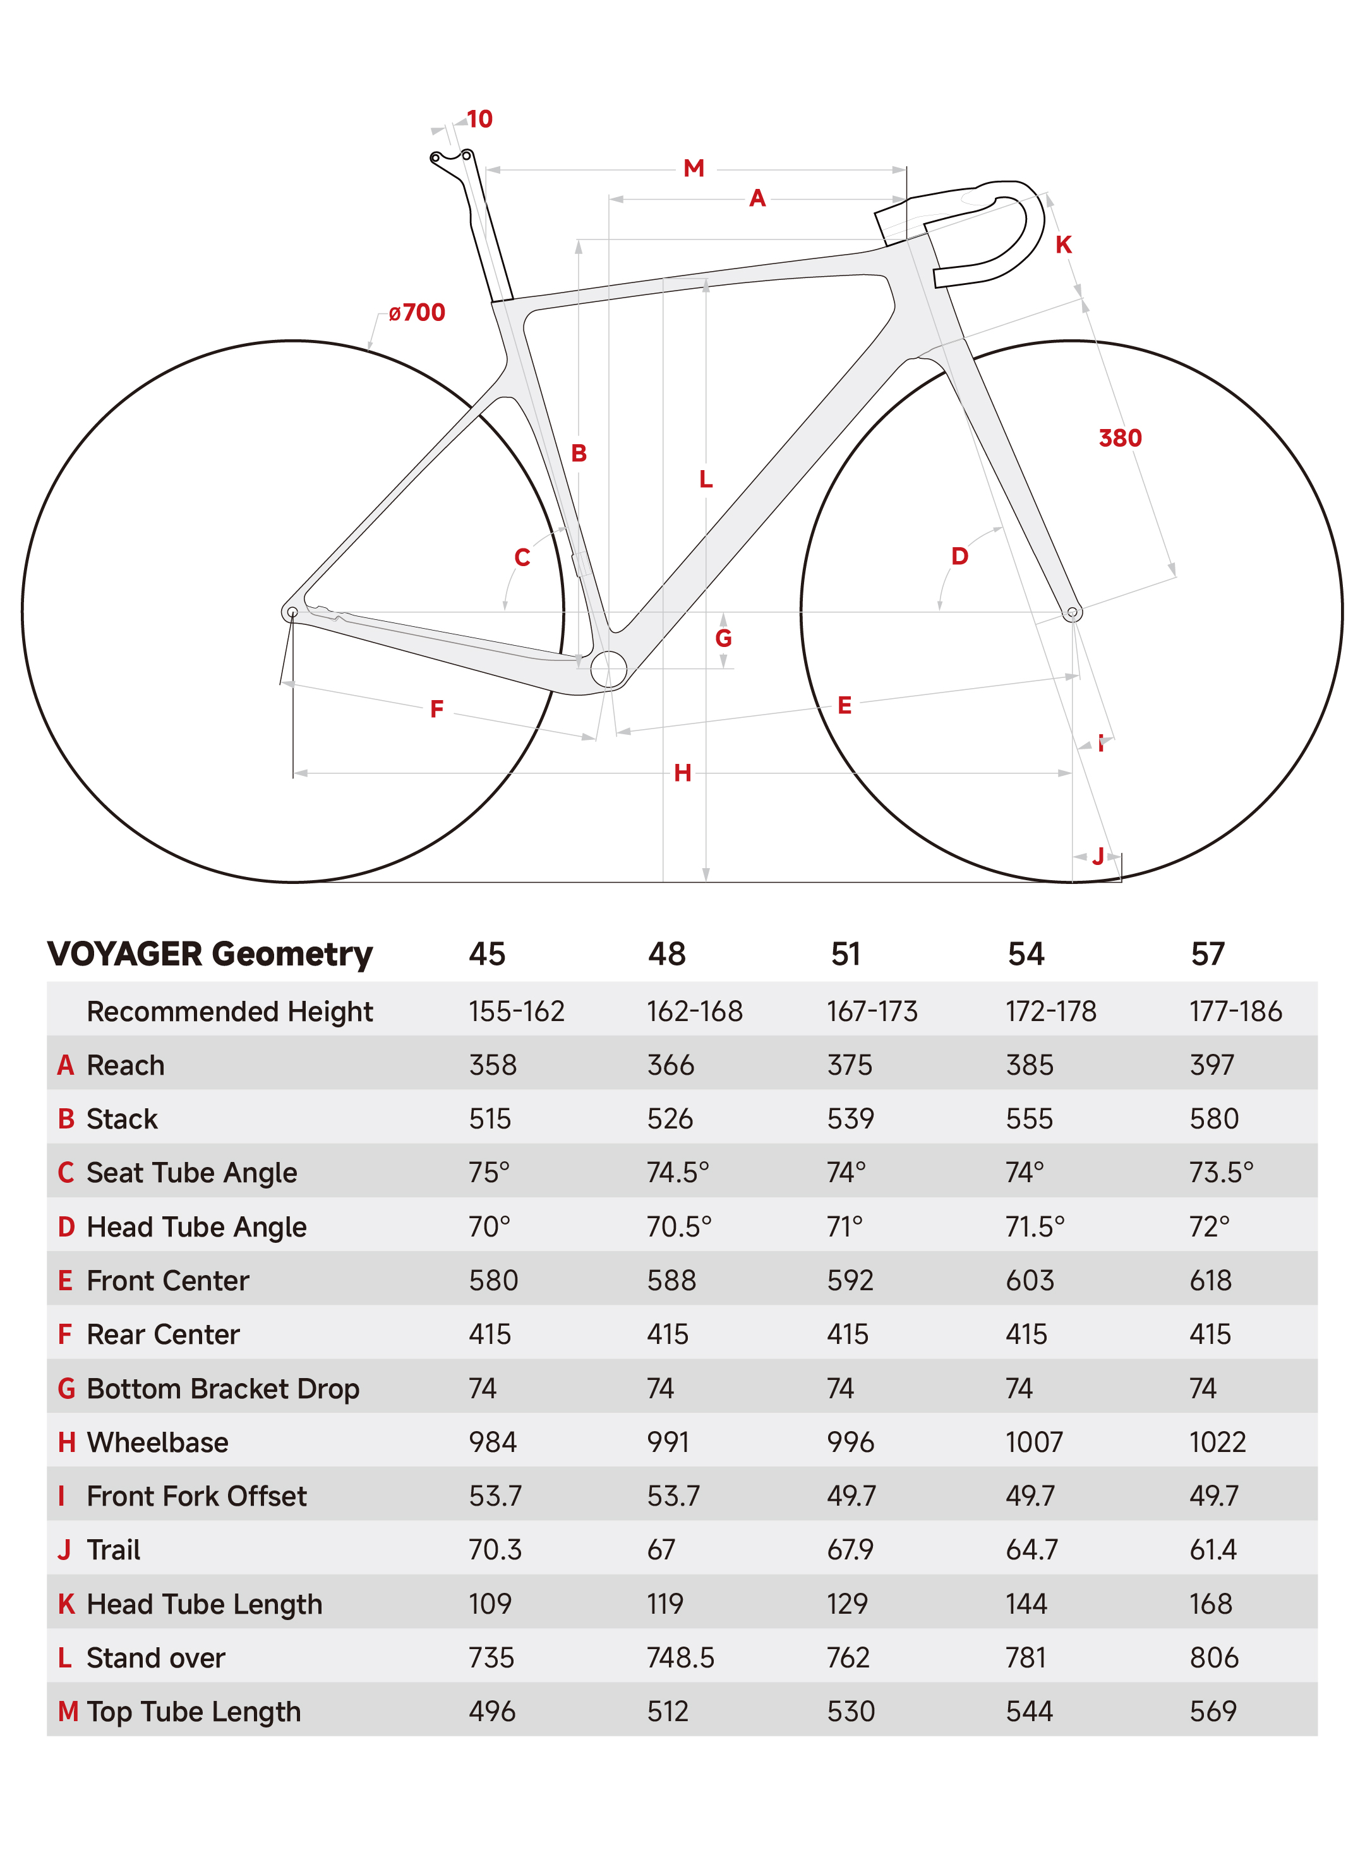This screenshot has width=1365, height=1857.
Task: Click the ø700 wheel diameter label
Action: click(x=418, y=312)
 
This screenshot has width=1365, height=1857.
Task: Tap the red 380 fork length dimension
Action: click(x=1121, y=438)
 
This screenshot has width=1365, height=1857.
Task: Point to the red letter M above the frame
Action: click(x=694, y=169)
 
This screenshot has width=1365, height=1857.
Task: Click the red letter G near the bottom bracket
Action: click(x=724, y=638)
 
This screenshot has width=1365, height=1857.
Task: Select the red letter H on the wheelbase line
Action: click(x=682, y=773)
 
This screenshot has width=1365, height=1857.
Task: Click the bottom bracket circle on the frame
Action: click(x=609, y=668)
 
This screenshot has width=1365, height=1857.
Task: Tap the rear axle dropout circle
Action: click(x=292, y=612)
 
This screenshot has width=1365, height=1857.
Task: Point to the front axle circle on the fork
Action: click(x=1072, y=612)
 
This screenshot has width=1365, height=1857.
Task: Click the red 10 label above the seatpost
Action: click(x=480, y=119)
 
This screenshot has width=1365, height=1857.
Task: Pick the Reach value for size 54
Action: click(x=1030, y=1065)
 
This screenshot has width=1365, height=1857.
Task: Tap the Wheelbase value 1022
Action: click(x=1218, y=1442)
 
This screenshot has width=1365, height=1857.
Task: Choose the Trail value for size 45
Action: click(x=496, y=1549)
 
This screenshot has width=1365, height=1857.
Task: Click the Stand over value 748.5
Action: click(x=681, y=1658)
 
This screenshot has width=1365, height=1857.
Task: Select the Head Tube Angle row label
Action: click(x=196, y=1227)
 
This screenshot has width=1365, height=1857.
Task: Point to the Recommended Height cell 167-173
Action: click(x=872, y=1011)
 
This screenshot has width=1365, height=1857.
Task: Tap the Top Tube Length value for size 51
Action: click(x=851, y=1712)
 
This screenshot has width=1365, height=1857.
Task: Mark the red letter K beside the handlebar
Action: click(x=1064, y=245)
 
